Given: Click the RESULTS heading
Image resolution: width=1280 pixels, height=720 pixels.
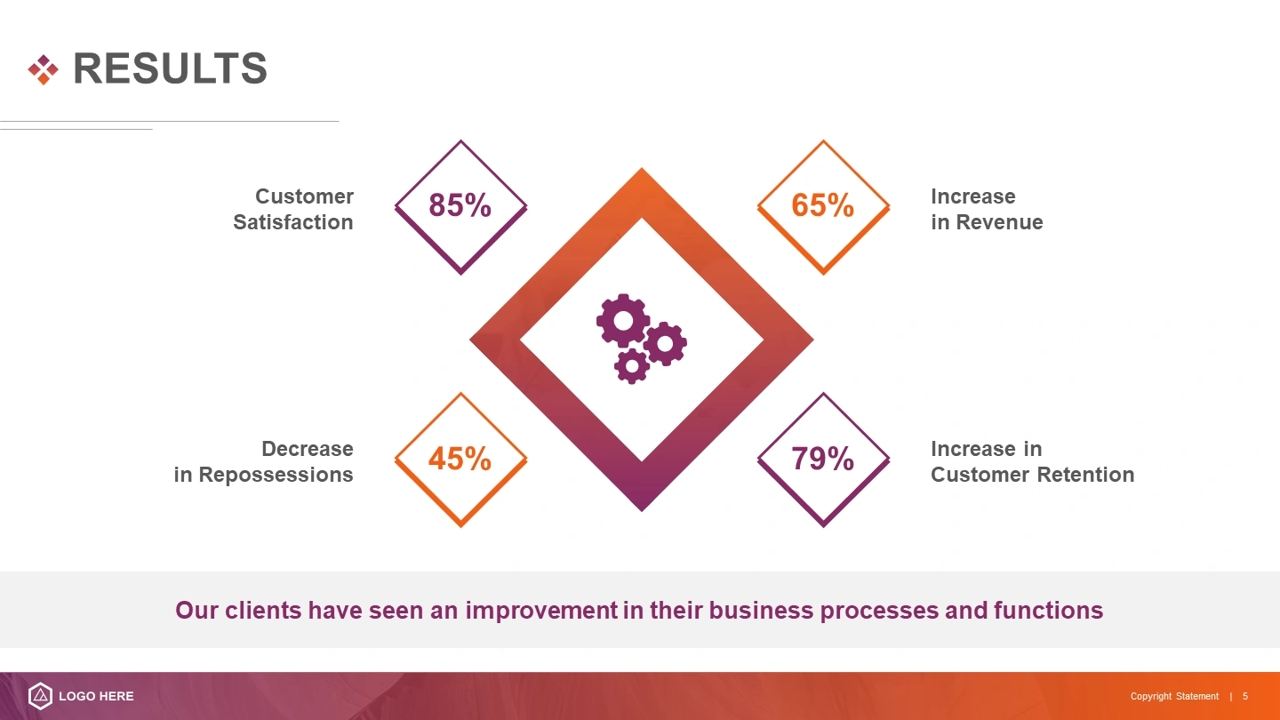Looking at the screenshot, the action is tap(171, 68).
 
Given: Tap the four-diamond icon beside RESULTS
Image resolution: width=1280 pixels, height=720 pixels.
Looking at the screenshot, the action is tap(44, 69).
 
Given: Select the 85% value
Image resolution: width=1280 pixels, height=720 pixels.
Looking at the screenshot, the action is tap(460, 205).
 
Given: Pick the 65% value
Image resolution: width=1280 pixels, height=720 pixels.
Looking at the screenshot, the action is tap(822, 205).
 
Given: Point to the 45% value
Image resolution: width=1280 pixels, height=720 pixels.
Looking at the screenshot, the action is tap(460, 459).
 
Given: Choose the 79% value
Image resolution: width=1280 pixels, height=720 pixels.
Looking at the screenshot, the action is tap(822, 459).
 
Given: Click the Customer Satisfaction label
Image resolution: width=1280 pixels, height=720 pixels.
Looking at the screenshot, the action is tap(293, 209).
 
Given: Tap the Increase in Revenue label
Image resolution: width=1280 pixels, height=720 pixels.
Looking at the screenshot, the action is tap(987, 209).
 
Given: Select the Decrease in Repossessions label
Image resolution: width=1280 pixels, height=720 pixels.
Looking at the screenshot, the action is tap(263, 461).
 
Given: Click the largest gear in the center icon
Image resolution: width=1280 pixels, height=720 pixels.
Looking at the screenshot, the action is tap(623, 321).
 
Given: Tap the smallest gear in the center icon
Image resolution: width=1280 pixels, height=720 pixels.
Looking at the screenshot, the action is tap(631, 366).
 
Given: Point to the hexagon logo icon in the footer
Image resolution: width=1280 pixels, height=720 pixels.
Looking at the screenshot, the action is tap(41, 696).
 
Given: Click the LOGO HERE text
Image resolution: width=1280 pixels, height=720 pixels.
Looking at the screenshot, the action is tap(97, 696).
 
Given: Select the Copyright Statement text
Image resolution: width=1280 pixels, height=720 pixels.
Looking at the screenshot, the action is tap(1174, 696).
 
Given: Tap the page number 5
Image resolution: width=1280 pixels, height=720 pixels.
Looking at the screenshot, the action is tap(1245, 696).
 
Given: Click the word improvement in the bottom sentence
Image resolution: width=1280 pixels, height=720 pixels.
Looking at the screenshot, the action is tap(541, 611).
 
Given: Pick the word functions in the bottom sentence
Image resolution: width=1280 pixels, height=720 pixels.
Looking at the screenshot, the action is tap(1049, 611).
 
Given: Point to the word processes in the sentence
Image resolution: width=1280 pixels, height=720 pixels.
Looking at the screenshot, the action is tap(879, 611).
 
